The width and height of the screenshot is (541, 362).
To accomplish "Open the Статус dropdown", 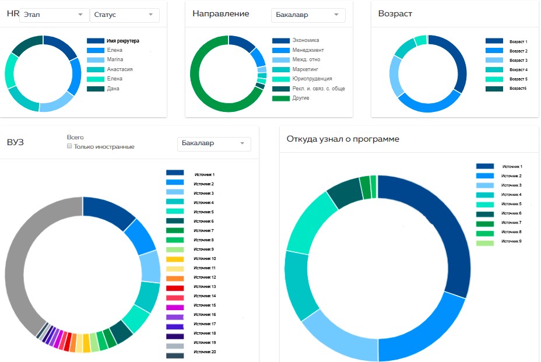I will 125,15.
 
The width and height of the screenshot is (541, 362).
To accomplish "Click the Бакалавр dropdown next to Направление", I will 308,15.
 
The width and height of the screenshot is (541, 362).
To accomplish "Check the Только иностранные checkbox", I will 69,146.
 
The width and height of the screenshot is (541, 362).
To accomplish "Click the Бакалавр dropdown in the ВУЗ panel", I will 213,143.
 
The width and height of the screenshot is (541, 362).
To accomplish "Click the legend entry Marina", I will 115,60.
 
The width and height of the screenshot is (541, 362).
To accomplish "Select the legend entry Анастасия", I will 120,69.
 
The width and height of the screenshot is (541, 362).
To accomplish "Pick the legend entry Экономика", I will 305,41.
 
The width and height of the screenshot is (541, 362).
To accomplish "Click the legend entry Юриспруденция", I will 312,79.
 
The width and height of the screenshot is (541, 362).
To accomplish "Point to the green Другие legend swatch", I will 280,98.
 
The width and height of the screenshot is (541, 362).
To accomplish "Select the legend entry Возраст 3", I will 518,60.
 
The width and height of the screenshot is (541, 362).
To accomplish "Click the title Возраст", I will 395,13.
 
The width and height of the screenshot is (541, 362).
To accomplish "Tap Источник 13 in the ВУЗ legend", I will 205,287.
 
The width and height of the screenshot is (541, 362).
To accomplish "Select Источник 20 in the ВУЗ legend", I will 205,352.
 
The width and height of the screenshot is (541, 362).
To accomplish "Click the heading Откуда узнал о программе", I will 343,139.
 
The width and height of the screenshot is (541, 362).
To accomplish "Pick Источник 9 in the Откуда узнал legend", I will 511,241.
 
